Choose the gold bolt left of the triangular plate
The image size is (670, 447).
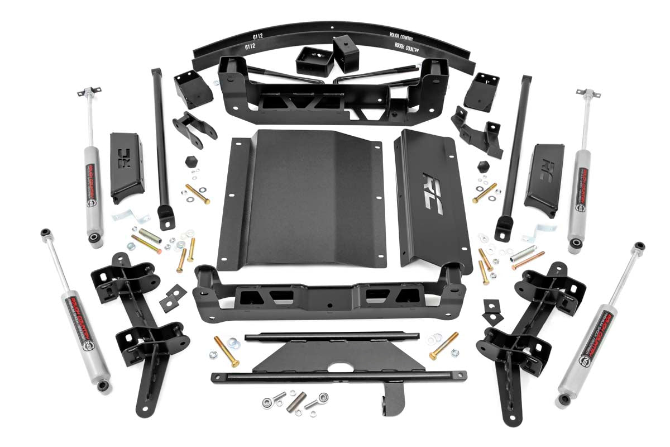pyautogui.click(x=227, y=351)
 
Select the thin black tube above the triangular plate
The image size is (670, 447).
pyautogui.click(x=332, y=336)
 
